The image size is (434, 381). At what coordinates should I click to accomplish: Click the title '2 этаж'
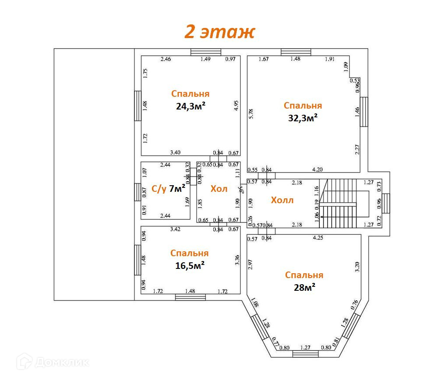pos(219,32)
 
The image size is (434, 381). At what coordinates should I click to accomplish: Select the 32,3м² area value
pos(303,118)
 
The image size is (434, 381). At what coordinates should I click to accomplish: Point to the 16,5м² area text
pos(191,265)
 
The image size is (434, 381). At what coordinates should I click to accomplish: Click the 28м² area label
pos(304,287)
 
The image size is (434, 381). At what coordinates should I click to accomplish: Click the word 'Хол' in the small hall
pos(219,189)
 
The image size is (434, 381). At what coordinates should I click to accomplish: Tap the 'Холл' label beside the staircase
pos(282,201)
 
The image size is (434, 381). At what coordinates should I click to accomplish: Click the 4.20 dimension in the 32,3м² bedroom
pos(318,169)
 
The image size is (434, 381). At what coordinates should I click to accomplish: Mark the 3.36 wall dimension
pos(237,260)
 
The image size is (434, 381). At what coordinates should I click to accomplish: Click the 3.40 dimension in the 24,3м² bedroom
pos(175,152)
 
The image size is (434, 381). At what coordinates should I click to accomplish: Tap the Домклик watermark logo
pos(53,362)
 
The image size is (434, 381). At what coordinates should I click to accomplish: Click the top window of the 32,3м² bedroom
pos(296,52)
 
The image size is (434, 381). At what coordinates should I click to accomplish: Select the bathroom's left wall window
pos(138,191)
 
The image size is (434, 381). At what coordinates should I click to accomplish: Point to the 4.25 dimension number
pos(318,239)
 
